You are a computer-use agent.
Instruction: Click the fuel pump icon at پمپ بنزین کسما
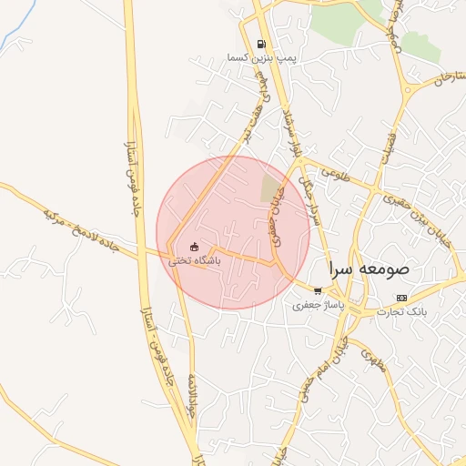click(262, 44)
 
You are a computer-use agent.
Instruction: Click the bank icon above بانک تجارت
click(401, 299)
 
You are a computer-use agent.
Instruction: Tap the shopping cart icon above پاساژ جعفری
click(317, 291)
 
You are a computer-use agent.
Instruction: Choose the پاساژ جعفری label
click(319, 306)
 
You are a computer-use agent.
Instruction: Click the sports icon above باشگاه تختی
click(193, 247)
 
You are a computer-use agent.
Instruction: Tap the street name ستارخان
click(431, 80)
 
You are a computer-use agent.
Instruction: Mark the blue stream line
click(18, 34)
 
